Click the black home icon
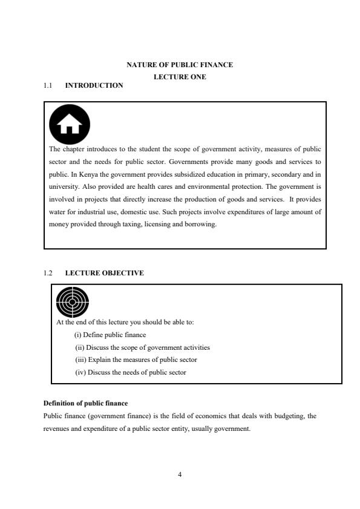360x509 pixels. tap(70, 124)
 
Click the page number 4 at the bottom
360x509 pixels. tap(180, 474)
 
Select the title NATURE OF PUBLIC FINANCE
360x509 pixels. tap(179, 64)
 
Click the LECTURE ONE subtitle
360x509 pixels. tap(179, 77)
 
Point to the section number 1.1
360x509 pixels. tap(48, 85)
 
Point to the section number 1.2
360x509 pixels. tap(48, 273)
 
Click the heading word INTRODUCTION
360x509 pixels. tap(94, 85)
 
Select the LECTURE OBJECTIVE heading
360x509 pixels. tap(104, 273)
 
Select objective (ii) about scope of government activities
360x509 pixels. tap(142, 347)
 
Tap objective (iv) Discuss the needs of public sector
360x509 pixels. tap(130, 372)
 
